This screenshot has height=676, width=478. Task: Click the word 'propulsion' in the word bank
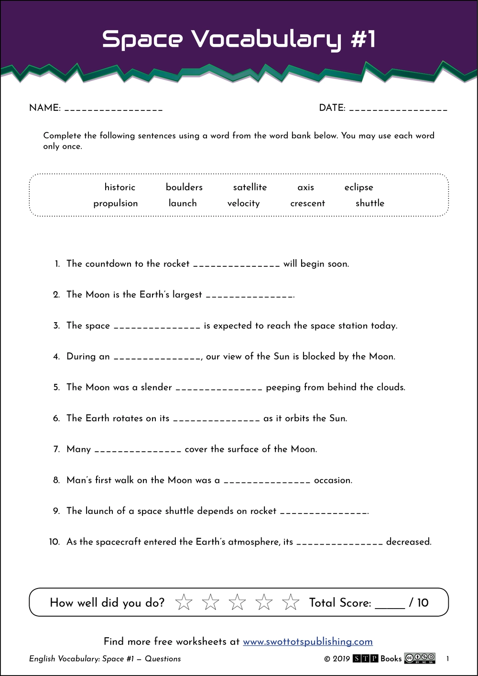tap(116, 203)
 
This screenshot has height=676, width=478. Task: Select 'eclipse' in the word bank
tap(358, 187)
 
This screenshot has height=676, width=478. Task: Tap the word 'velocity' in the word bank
tap(243, 203)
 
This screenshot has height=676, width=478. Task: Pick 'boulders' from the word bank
tap(184, 187)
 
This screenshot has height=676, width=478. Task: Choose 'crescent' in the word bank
tap(307, 203)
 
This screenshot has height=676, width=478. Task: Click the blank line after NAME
tap(114, 109)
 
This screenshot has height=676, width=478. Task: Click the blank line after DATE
tap(399, 109)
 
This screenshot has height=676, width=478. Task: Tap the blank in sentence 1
tap(236, 265)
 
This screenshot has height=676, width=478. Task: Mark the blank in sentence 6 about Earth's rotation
tap(216, 420)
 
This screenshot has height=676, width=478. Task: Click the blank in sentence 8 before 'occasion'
tap(267, 481)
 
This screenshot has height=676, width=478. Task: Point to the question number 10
tap(54, 542)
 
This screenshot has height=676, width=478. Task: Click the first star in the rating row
tap(184, 602)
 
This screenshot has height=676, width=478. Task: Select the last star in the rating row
tap(291, 602)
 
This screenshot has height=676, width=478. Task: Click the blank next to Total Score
tap(390, 605)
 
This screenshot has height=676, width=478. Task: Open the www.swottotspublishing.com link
tap(308, 642)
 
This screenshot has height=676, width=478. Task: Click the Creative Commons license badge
tap(420, 658)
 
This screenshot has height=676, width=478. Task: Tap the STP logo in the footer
tap(366, 659)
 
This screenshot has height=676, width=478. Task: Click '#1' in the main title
tap(363, 39)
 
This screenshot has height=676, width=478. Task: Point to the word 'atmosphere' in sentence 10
tap(253, 542)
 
